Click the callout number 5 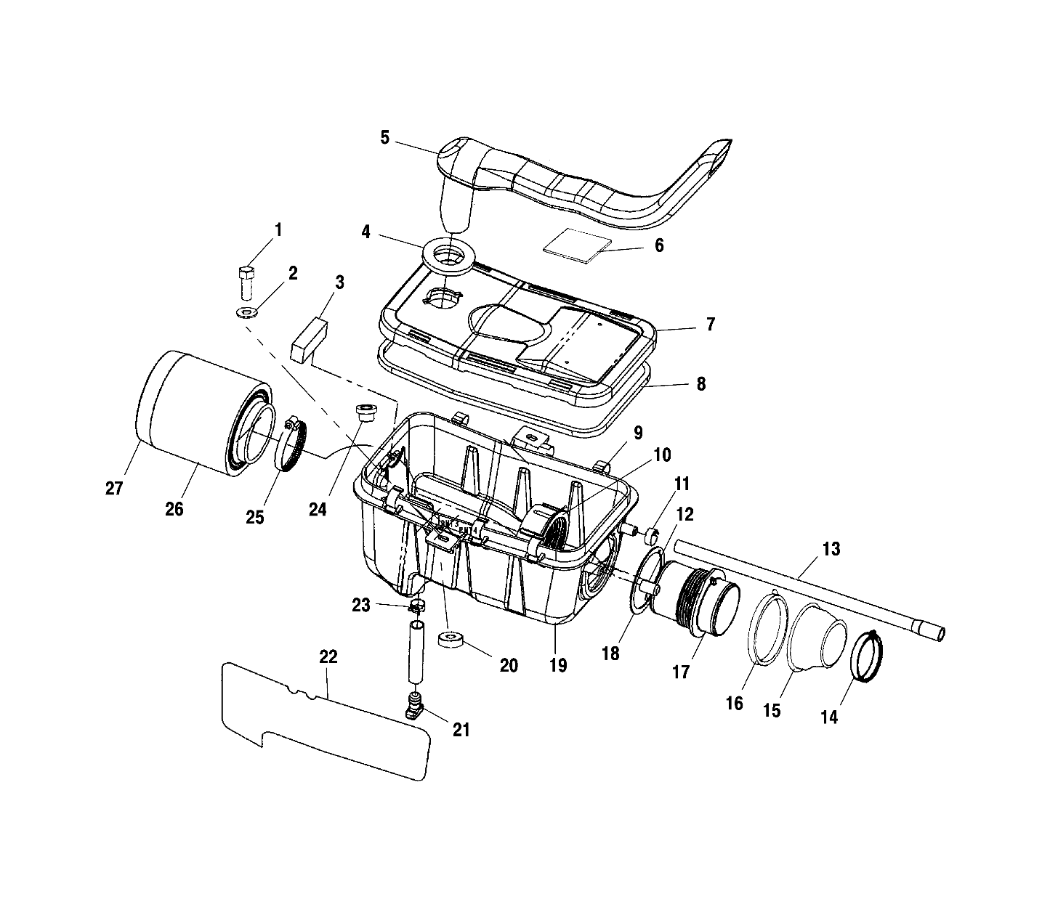(x=385, y=137)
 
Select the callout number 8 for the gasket (x=700, y=383)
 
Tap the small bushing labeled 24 (x=364, y=412)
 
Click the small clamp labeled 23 (x=416, y=605)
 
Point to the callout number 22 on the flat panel (x=328, y=656)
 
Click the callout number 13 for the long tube (x=831, y=549)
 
